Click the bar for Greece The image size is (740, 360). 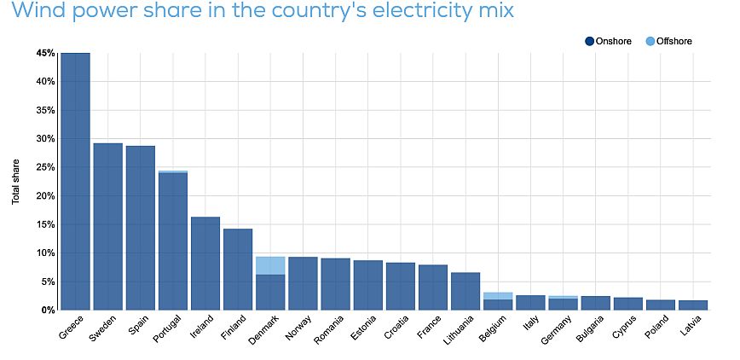click(75, 181)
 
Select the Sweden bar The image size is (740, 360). click(107, 226)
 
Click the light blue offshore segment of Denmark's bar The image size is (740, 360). click(270, 265)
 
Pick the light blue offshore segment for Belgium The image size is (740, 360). click(498, 296)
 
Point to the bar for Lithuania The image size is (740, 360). click(465, 291)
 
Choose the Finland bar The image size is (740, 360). click(238, 269)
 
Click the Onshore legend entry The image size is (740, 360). click(609, 41)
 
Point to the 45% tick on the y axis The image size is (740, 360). click(45, 53)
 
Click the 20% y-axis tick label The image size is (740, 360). click(45, 195)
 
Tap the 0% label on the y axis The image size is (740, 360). click(48, 310)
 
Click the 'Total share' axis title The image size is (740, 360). click(16, 181)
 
